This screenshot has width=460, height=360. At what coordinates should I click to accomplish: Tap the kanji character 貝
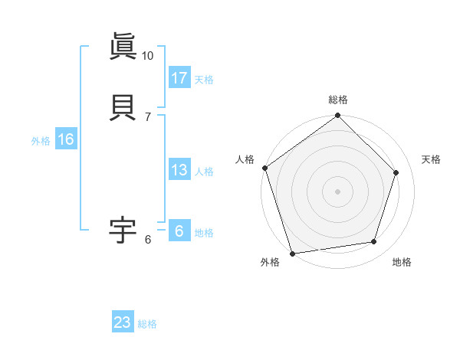point(123,106)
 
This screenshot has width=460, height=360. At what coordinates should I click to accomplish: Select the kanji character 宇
point(123,229)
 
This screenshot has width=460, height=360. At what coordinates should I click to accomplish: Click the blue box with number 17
point(179,77)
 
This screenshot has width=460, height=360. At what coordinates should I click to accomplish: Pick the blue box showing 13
point(179,170)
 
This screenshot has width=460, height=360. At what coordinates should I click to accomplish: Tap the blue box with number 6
point(179,231)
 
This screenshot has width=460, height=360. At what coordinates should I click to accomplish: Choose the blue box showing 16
point(66,139)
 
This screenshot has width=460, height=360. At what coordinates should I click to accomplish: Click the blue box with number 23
point(123,322)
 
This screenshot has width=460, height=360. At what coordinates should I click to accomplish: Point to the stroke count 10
point(147,56)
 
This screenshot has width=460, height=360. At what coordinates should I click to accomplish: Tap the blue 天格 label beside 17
point(204,79)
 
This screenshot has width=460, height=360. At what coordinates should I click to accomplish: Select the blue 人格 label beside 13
point(204,172)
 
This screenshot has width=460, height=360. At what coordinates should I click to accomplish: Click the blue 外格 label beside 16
point(41,141)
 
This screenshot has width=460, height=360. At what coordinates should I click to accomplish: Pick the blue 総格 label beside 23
point(147,324)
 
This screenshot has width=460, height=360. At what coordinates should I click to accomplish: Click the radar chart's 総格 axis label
point(337,100)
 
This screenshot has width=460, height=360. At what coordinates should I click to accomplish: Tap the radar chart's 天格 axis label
point(432,159)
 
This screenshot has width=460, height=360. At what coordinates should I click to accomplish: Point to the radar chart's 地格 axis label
point(402,262)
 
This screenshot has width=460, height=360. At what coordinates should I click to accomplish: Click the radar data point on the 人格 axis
point(264,168)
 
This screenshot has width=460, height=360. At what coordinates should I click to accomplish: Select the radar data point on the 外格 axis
point(292,253)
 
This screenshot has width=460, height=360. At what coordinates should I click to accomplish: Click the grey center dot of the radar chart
point(337,191)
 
